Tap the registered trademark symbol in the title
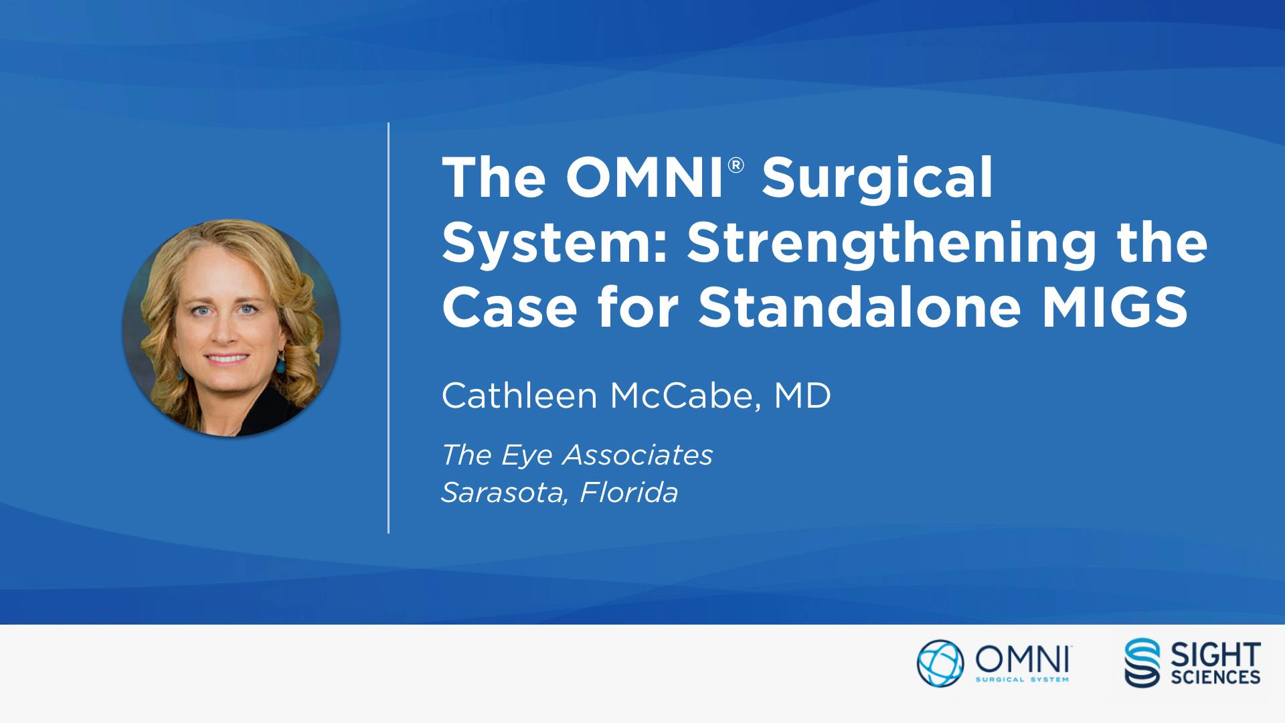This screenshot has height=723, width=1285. (x=736, y=165)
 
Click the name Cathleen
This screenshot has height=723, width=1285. (x=519, y=396)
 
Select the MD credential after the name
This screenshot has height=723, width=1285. (x=802, y=396)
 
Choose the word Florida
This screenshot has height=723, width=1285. (x=629, y=493)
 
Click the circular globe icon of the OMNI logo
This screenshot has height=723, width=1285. (x=940, y=663)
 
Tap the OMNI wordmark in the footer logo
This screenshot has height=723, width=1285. (x=1022, y=660)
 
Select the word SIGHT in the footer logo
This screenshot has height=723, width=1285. (x=1215, y=654)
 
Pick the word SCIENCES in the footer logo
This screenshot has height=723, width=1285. (x=1215, y=677)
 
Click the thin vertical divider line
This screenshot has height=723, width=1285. (x=388, y=328)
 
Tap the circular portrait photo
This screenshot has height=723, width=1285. (x=232, y=328)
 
